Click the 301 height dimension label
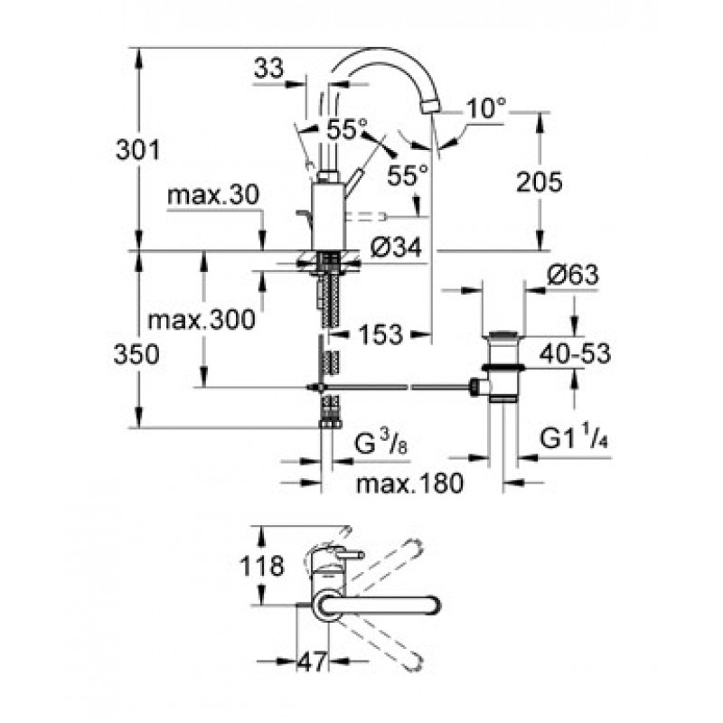click(137, 150)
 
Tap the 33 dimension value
click(268, 70)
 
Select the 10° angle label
click(486, 108)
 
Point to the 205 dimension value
click(539, 182)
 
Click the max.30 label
click(213, 195)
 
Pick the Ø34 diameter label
click(396, 247)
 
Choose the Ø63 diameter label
click(573, 275)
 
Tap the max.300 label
click(201, 319)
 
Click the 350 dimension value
click(136, 354)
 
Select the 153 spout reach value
click(380, 334)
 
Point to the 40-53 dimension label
click(575, 353)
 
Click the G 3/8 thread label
click(380, 444)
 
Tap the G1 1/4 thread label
click(574, 438)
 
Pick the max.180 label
click(409, 484)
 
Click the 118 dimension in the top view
click(261, 566)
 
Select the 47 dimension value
click(312, 662)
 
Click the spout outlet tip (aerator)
click(431, 108)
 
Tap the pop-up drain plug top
click(502, 333)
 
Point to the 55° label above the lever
click(347, 129)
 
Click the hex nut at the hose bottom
click(330, 424)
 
